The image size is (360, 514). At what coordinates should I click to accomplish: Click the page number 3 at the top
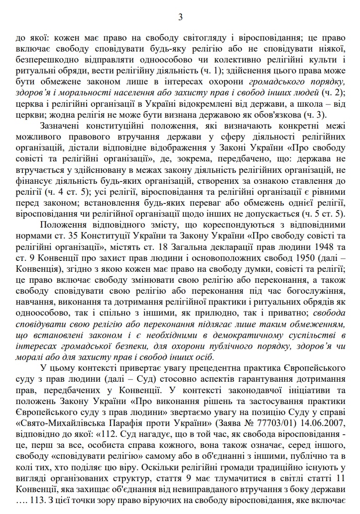point(180,17)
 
